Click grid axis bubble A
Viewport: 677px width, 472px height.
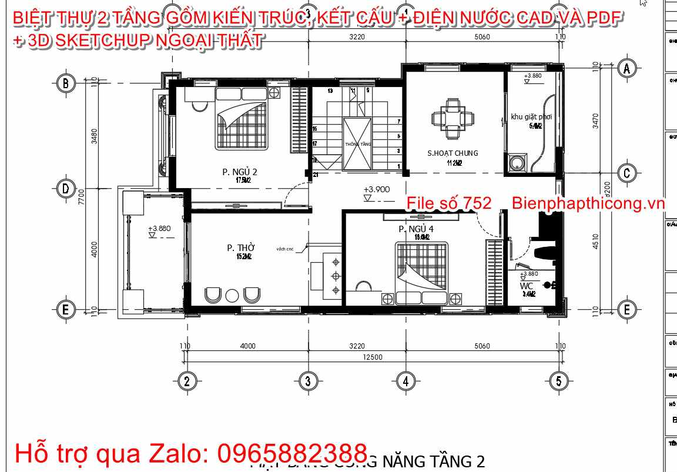click(627, 68)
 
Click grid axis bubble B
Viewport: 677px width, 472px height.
click(65, 83)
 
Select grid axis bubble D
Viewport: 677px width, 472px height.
click(65, 189)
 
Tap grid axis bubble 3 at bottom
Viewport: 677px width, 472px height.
click(305, 381)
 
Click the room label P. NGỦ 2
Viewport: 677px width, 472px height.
click(239, 172)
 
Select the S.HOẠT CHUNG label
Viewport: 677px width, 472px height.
click(453, 153)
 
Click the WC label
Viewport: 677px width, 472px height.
click(527, 286)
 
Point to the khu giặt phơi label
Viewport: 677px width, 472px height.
click(531, 117)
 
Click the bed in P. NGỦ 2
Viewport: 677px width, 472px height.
click(242, 118)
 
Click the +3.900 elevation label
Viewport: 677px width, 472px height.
click(376, 190)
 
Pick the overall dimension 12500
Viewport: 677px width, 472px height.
click(373, 357)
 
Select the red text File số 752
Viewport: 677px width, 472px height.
click(449, 203)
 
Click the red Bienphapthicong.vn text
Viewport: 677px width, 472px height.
click(588, 203)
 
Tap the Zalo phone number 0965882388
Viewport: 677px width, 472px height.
click(293, 453)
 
